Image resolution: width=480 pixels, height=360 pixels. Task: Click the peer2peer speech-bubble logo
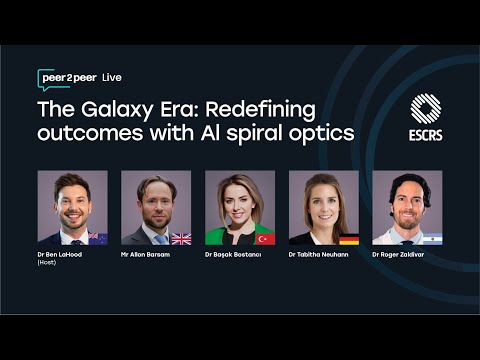tap(68, 78)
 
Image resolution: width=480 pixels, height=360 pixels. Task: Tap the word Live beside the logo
tap(112, 78)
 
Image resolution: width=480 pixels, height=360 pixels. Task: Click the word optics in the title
tap(326, 133)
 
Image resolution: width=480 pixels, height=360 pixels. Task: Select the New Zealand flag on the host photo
tap(97, 238)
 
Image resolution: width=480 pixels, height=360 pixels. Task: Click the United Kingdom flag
tap(181, 238)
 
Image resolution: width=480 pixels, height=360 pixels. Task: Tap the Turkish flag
tap(265, 238)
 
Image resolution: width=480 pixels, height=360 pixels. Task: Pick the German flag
tap(349, 239)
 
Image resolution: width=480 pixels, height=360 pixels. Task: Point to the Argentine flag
tap(432, 238)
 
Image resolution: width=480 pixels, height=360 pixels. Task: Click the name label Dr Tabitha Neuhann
tap(322, 255)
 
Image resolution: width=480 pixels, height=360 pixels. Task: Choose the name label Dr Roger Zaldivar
tap(405, 255)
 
